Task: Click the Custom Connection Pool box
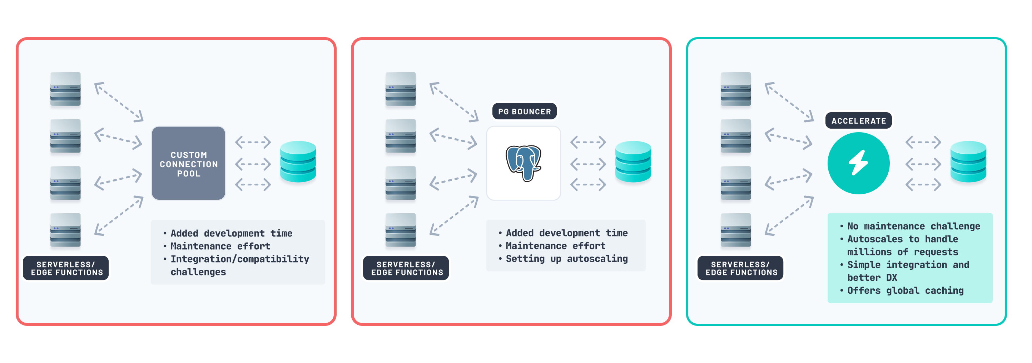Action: [x=188, y=164]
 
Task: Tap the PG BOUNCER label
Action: [x=524, y=111]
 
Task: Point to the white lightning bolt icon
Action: [x=858, y=163]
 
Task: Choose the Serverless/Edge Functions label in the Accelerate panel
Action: [x=741, y=268]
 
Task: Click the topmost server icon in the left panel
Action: [x=65, y=89]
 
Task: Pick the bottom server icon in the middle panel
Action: [x=400, y=230]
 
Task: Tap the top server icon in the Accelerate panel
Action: [x=735, y=89]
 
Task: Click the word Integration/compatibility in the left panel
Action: [x=239, y=259]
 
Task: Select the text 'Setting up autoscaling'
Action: [x=566, y=259]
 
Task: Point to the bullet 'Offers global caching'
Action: [x=905, y=290]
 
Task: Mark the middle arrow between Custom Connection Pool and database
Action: [x=253, y=164]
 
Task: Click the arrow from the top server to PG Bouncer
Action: [x=454, y=102]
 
